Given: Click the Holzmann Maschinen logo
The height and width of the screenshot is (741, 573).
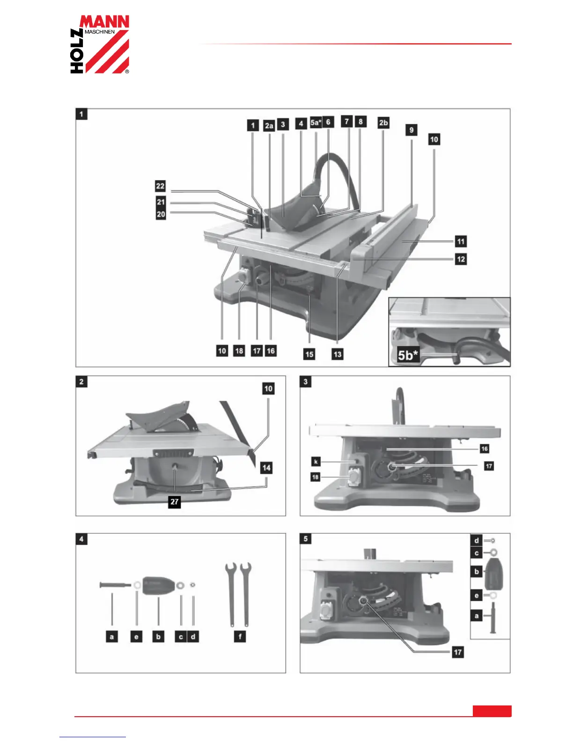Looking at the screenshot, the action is (100, 44).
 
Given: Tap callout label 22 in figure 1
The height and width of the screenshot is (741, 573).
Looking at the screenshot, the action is (161, 186).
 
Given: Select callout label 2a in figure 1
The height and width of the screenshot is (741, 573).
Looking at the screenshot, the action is (269, 125).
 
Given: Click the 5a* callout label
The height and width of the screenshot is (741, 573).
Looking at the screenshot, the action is (316, 123).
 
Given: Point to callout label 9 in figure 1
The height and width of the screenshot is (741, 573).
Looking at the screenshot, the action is (411, 130).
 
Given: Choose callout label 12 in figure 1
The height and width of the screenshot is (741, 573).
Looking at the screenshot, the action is (461, 259).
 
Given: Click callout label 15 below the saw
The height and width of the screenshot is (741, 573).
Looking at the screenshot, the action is (309, 354).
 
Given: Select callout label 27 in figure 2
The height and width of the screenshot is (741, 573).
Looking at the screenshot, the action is (175, 502).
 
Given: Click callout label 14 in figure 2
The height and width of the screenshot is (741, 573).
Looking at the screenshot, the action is (266, 468).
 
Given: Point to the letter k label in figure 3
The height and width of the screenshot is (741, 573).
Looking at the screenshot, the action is (316, 462).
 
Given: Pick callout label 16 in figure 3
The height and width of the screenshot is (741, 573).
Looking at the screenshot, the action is (485, 449).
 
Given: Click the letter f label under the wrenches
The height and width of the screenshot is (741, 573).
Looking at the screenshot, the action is (240, 637).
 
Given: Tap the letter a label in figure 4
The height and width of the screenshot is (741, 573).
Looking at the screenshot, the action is (111, 637).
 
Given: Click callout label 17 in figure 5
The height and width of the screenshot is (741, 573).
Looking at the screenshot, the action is (458, 652).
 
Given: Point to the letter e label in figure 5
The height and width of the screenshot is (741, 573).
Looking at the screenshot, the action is (477, 596).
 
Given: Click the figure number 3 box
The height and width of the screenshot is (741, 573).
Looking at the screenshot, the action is (306, 382).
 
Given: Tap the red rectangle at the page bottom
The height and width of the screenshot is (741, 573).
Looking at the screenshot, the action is (492, 711).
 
